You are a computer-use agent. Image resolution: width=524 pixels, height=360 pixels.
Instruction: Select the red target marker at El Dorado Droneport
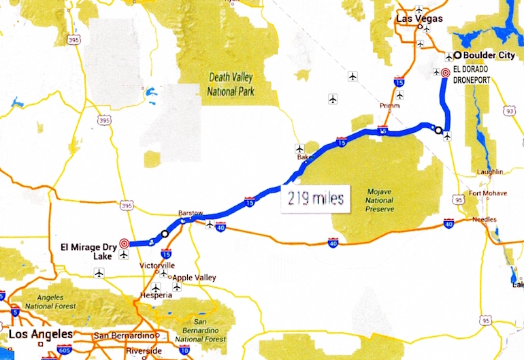pos(445,73)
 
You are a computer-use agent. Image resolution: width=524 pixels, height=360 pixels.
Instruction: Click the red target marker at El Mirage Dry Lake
pos(124,243)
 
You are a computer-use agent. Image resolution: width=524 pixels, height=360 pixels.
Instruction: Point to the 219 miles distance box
pos(314,200)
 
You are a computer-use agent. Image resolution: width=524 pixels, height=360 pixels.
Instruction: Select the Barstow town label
pos(191,213)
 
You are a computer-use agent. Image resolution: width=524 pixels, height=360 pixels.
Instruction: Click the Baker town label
pos(304,157)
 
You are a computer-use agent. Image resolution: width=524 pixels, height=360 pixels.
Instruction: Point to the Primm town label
pos(390,106)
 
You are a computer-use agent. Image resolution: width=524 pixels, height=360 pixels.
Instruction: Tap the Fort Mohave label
pos(487,193)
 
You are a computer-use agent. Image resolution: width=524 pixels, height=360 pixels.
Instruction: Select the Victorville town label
pos(157,265)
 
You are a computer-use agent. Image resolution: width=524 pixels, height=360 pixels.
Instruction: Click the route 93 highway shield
pos(508,108)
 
